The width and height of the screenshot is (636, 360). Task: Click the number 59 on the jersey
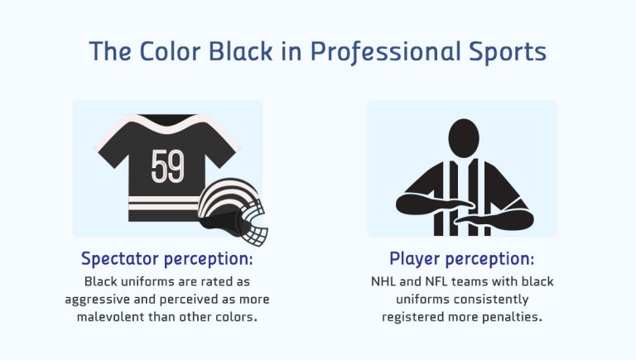168,168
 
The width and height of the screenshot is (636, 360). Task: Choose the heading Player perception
461,258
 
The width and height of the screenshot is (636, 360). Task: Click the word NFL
440,282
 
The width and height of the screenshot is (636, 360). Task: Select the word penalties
512,315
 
